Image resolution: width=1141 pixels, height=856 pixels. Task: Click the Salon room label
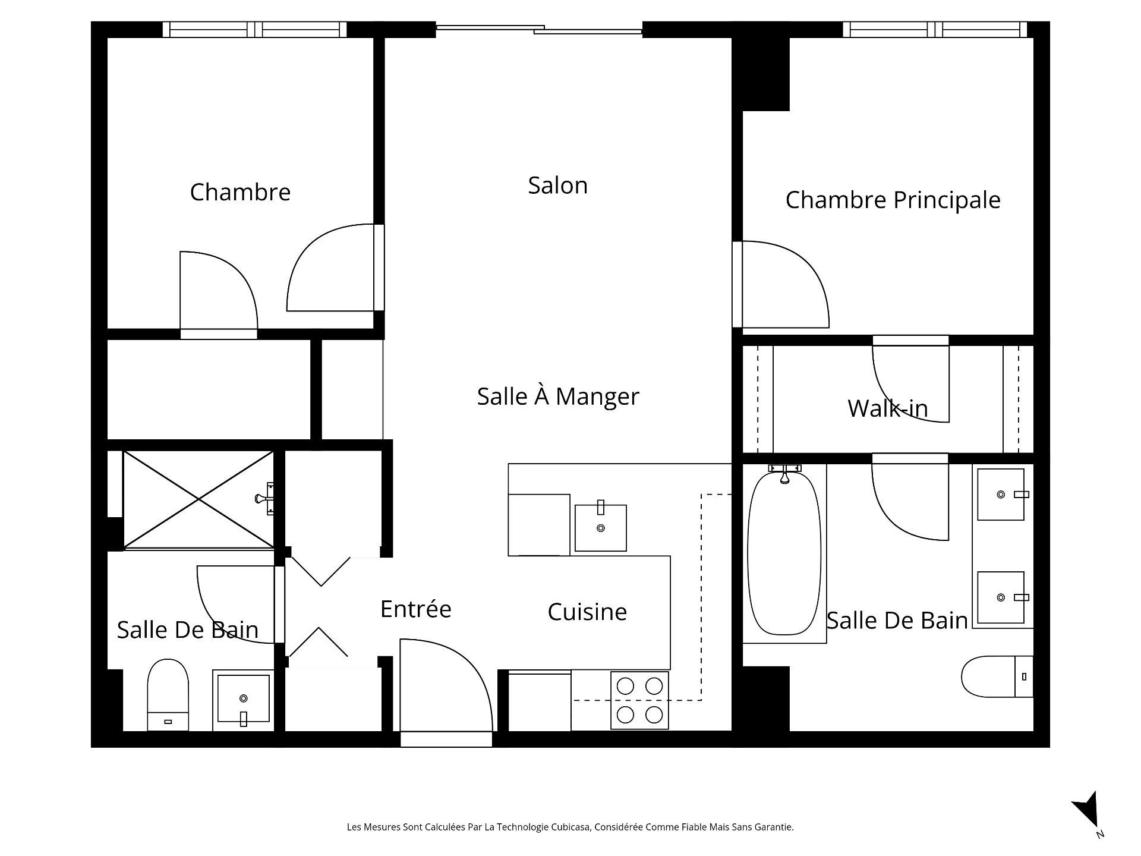click(557, 185)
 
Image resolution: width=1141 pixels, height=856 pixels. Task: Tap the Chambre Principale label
click(892, 200)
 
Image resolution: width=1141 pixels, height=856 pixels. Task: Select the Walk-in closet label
click(887, 408)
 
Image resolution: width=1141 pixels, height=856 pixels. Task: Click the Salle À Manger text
click(557, 396)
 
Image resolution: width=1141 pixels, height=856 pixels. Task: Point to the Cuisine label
click(587, 612)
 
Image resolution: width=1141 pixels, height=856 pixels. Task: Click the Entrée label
click(415, 609)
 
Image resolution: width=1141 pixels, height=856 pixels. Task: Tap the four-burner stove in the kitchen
click(639, 700)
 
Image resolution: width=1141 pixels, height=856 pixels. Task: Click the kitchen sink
click(600, 528)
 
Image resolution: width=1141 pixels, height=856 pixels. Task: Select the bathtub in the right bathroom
click(784, 553)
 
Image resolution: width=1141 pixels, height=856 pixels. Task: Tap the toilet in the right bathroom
click(995, 676)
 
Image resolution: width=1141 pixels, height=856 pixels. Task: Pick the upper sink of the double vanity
click(1001, 494)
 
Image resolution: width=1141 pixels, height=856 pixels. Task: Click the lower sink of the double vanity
click(1001, 597)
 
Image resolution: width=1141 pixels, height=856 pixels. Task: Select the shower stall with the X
click(198, 499)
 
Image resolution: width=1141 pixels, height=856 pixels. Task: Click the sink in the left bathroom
click(243, 698)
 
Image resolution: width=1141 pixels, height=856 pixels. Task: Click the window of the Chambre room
click(254, 29)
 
